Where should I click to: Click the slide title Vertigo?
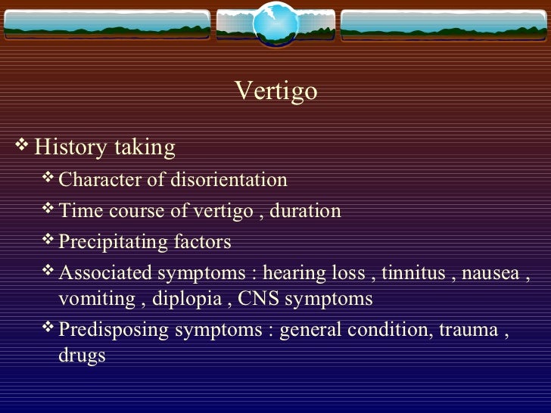point(275,92)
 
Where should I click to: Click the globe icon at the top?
point(274,24)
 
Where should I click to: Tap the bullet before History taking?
point(23,144)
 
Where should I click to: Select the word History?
point(70,147)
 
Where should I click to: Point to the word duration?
point(305,211)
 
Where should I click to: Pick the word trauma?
point(472,331)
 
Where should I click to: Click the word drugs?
point(82,356)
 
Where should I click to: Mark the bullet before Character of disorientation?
point(49,179)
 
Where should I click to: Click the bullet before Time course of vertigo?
point(49,210)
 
